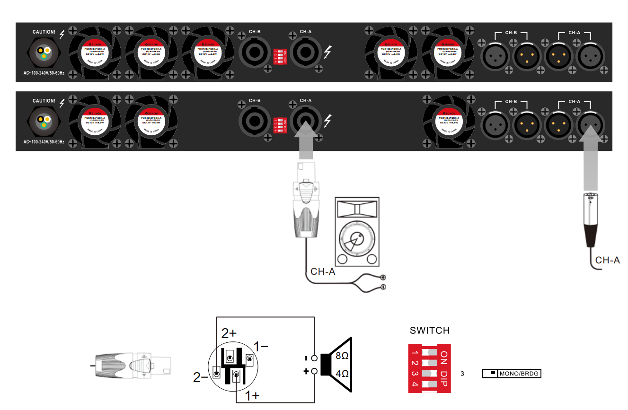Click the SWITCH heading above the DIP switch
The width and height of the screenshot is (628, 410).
pos(430,330)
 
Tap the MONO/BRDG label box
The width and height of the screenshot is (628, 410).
pos(511,374)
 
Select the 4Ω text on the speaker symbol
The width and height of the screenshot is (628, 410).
pos(342,374)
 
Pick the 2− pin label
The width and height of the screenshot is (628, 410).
pos(201,377)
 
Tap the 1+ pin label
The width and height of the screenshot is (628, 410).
pos(252,396)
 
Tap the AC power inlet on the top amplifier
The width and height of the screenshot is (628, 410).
pos(43,53)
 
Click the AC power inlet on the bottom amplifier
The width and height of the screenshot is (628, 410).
pos(43,121)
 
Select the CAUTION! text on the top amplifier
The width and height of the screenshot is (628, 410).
pos(44,33)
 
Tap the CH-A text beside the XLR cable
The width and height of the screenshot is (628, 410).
pos(608,260)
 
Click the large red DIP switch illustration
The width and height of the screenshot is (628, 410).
pos(429,368)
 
